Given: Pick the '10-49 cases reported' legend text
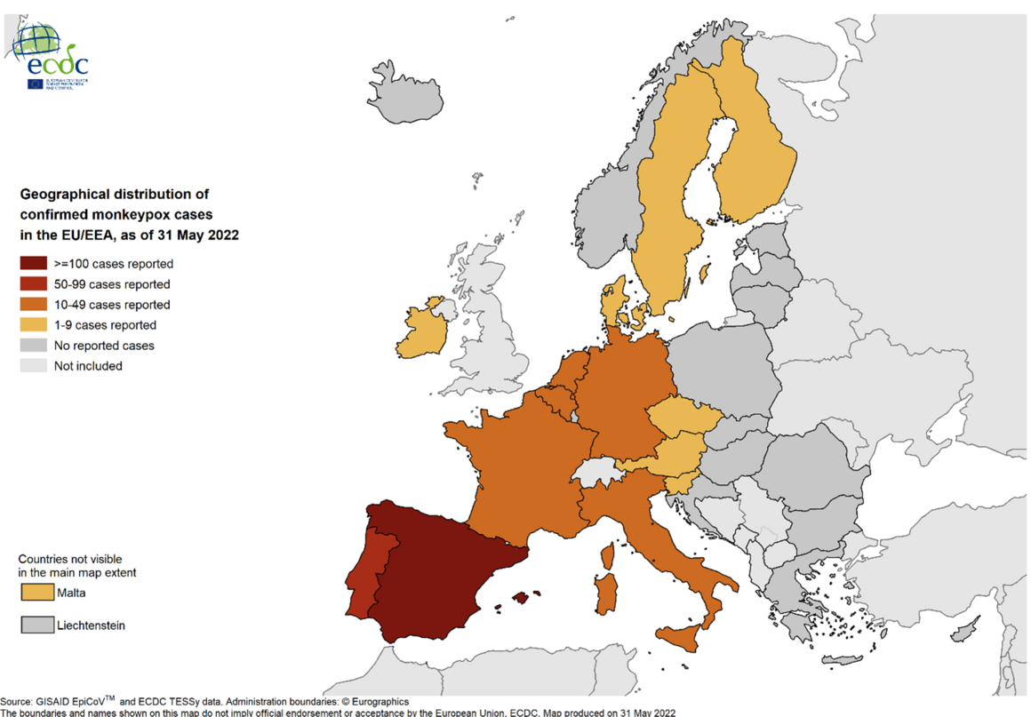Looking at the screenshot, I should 111,305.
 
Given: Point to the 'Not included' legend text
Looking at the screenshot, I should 88,366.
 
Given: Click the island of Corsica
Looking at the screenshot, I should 609,557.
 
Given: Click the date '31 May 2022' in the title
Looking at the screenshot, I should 199,235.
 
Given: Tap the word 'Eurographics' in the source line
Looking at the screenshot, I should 372,702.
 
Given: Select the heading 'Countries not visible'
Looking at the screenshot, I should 70,559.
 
